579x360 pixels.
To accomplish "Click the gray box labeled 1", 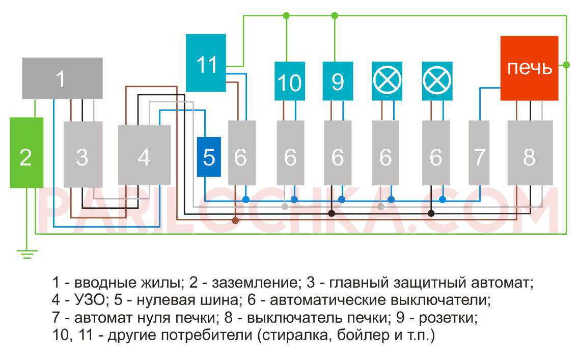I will pyautogui.click(x=62, y=78).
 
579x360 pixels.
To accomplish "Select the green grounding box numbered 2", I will pyautogui.click(x=26, y=152).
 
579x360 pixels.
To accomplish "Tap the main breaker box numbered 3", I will pyautogui.click(x=82, y=154).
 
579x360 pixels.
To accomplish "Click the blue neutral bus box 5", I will pyautogui.click(x=209, y=157).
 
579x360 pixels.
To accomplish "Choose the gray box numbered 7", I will pyautogui.click(x=479, y=153).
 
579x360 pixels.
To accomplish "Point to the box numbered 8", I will pyautogui.click(x=530, y=153).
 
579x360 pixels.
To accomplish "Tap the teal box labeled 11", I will pyautogui.click(x=206, y=63).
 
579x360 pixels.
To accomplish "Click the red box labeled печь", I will pyautogui.click(x=529, y=68).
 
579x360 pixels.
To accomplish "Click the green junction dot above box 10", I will pyautogui.click(x=286, y=16).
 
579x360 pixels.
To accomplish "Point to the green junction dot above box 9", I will pyautogui.click(x=335, y=16).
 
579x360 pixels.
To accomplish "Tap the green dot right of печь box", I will pyautogui.click(x=566, y=65).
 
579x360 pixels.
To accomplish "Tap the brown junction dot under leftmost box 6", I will pyautogui.click(x=235, y=220).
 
